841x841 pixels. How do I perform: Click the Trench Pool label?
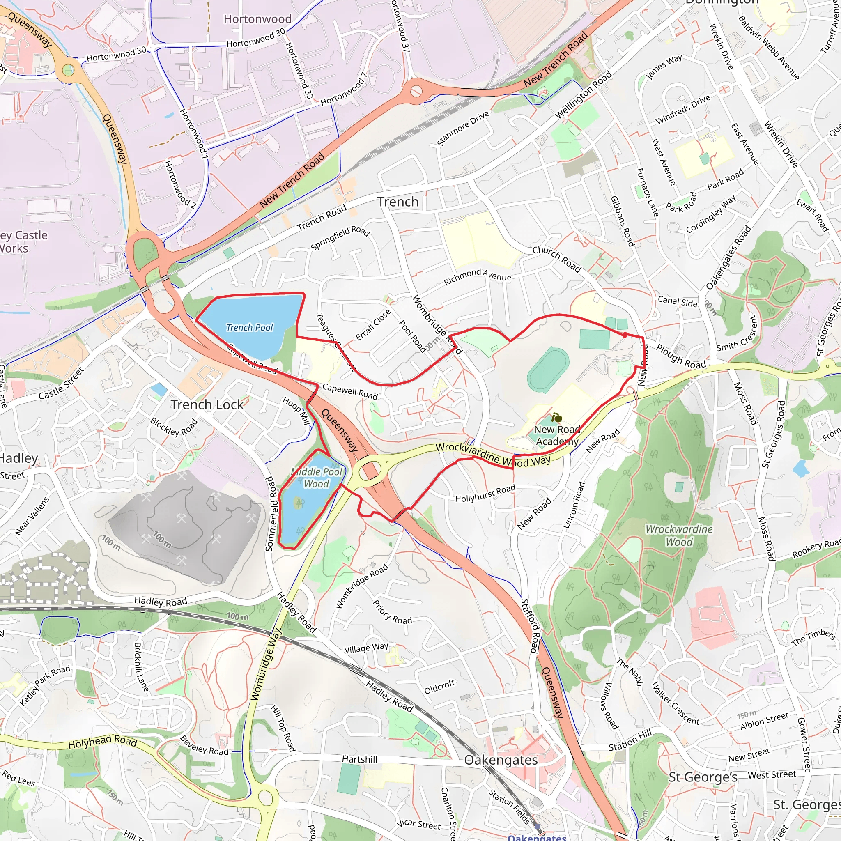[x=249, y=328]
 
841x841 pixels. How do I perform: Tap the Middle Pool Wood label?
[x=317, y=478]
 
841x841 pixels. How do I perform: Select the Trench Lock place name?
[x=207, y=405]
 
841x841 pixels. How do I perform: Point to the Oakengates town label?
[x=501, y=760]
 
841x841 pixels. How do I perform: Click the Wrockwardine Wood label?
[x=679, y=535]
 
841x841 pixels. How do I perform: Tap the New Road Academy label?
[x=557, y=435]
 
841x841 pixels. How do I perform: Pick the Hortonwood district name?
[x=258, y=19]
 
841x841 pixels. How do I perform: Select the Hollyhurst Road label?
[x=485, y=494]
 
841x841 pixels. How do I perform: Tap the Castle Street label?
[x=61, y=384]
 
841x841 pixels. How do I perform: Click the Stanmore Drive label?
[x=463, y=128]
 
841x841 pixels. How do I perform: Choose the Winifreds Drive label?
[x=682, y=110]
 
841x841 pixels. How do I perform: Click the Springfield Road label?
[x=340, y=238]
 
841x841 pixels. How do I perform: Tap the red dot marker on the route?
[x=625, y=335]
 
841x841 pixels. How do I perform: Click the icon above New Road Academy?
[x=556, y=418]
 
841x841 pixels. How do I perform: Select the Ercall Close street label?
[x=373, y=325]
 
